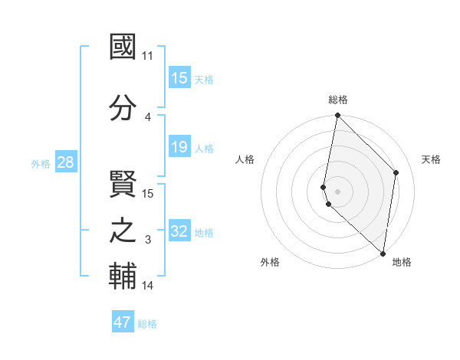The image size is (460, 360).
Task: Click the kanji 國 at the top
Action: pyautogui.click(x=123, y=47)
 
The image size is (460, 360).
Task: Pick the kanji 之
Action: pyautogui.click(x=123, y=231)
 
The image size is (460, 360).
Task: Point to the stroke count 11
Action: pyautogui.click(x=148, y=56)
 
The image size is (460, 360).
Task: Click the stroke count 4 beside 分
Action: pyautogui.click(x=148, y=116)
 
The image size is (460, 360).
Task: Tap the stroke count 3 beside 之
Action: pyautogui.click(x=148, y=240)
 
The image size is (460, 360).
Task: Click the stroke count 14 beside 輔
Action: pyautogui.click(x=148, y=286)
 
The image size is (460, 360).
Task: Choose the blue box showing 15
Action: pyautogui.click(x=179, y=78)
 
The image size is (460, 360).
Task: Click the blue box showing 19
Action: pyautogui.click(x=179, y=147)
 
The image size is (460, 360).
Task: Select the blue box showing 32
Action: pyautogui.click(x=179, y=231)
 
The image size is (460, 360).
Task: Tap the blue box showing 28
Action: pyautogui.click(x=64, y=162)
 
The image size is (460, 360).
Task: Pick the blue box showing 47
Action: pyautogui.click(x=123, y=322)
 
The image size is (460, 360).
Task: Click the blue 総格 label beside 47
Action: pyautogui.click(x=147, y=324)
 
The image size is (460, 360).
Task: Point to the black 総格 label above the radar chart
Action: pyautogui.click(x=337, y=100)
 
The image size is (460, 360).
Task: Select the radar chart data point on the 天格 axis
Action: pyautogui.click(x=396, y=172)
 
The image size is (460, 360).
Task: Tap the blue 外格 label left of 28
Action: pyautogui.click(x=41, y=163)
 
